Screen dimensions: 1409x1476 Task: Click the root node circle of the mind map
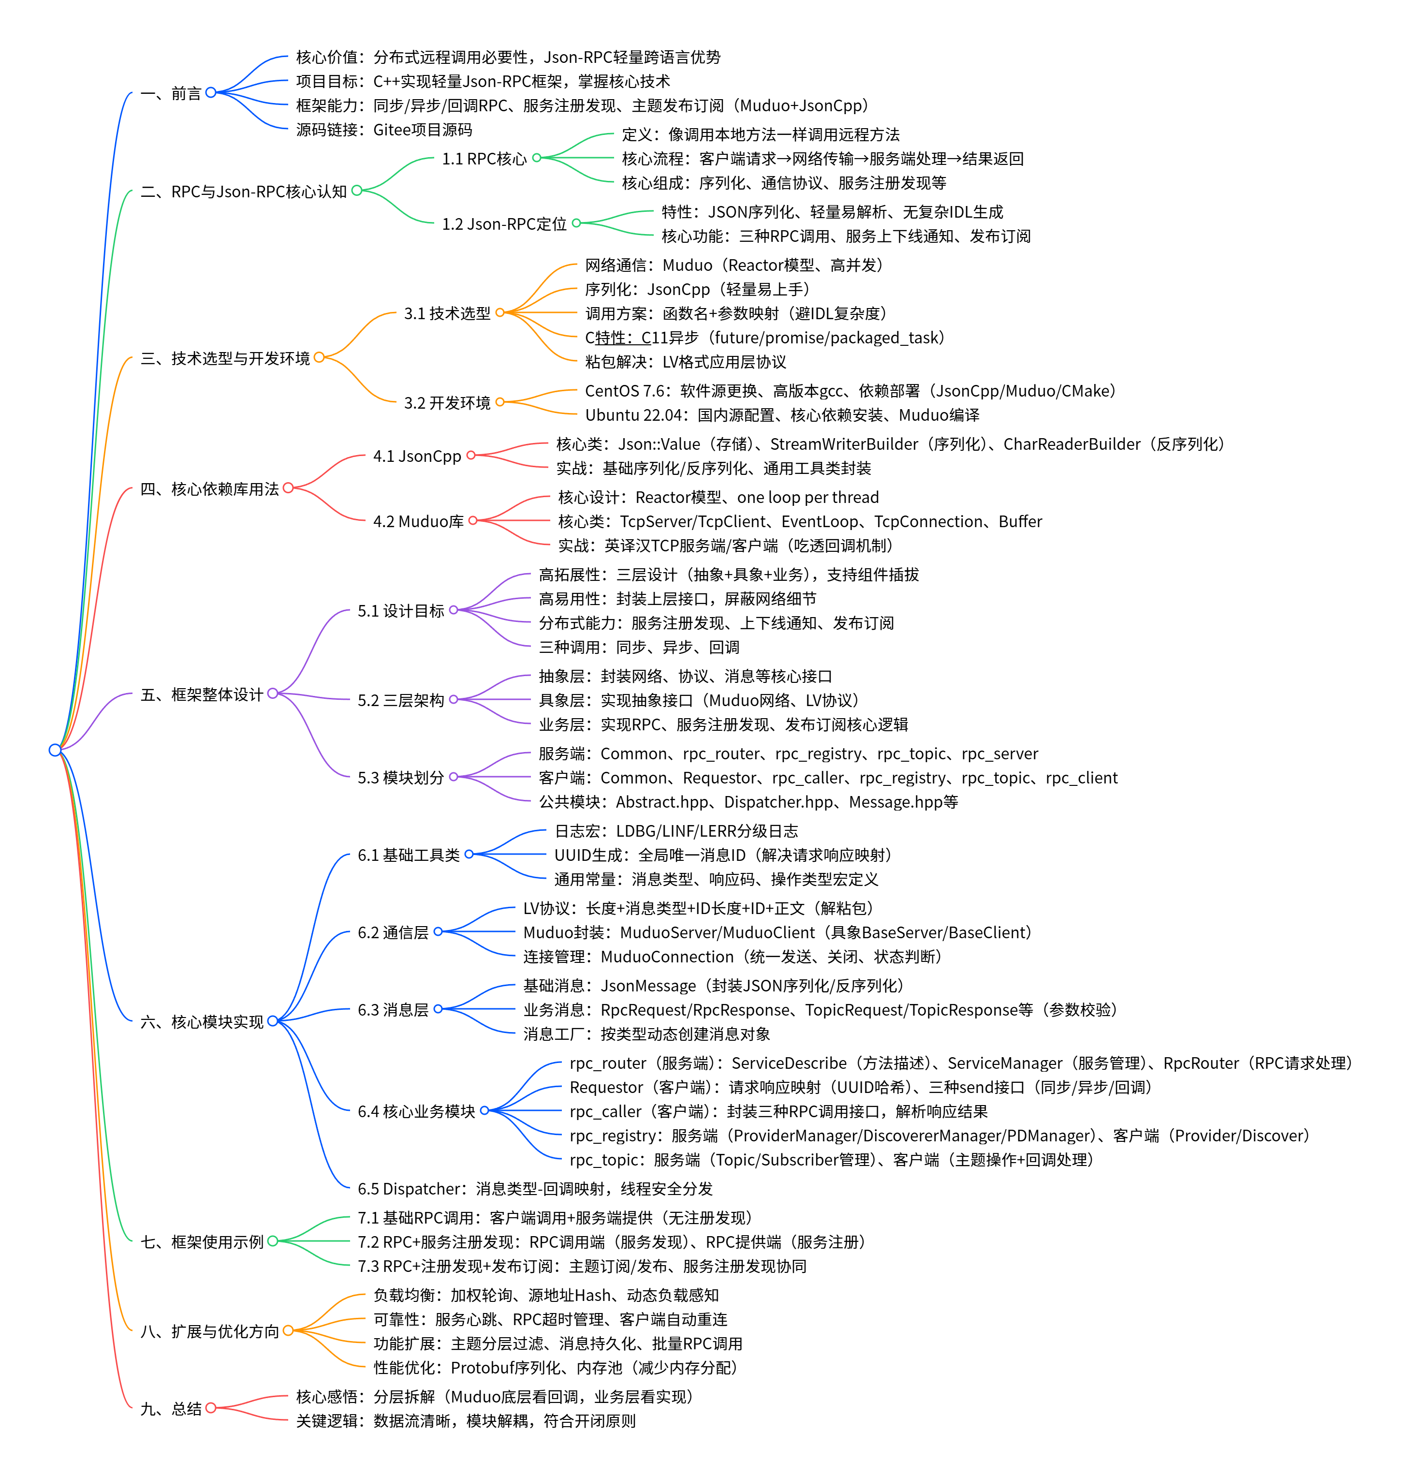coord(55,750)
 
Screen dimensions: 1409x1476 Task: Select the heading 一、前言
coord(171,93)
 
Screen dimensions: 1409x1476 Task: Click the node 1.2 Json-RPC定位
coord(504,224)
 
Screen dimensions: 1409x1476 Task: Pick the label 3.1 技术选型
coord(447,313)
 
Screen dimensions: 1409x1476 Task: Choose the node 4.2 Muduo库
coord(418,521)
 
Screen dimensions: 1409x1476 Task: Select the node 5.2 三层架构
coord(401,700)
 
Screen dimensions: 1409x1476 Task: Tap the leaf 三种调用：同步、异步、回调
coord(638,647)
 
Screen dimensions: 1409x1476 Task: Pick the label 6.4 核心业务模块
coord(416,1111)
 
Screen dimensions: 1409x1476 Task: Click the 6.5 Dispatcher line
coord(535,1188)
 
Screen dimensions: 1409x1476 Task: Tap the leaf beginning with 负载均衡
coord(546,1295)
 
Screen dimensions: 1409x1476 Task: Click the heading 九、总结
coord(171,1408)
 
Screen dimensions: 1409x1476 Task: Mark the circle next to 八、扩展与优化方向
coord(288,1331)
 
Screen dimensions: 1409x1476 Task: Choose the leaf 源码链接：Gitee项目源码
coord(384,130)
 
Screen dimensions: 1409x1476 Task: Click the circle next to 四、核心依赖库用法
coord(288,488)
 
